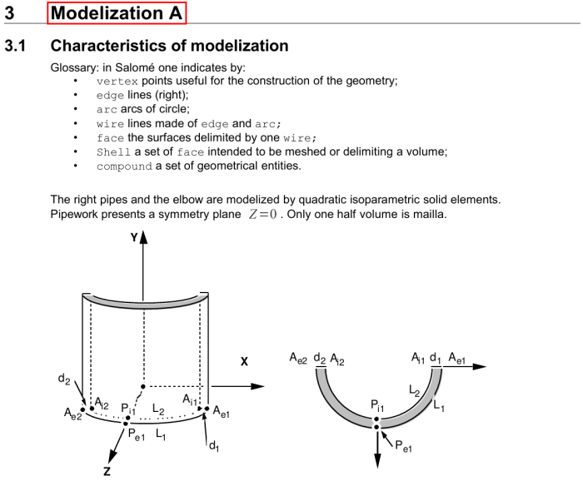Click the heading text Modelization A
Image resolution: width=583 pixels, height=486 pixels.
pyautogui.click(x=117, y=12)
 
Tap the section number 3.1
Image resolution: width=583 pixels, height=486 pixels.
pyautogui.click(x=17, y=46)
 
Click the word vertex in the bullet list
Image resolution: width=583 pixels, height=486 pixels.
pyautogui.click(x=117, y=81)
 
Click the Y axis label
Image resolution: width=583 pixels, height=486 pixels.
pyautogui.click(x=132, y=237)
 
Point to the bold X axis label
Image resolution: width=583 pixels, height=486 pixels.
pyautogui.click(x=245, y=361)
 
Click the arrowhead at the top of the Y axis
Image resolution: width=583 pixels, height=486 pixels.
pyautogui.click(x=143, y=238)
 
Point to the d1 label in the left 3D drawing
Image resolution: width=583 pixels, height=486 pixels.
pyautogui.click(x=213, y=447)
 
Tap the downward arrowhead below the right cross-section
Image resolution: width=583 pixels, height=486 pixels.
pyautogui.click(x=377, y=462)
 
